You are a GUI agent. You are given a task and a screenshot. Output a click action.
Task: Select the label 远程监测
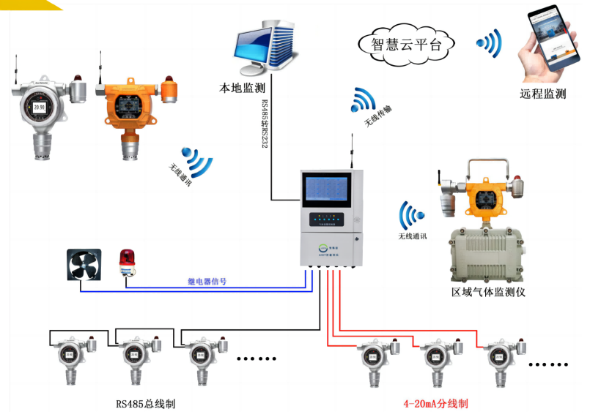tap(543, 94)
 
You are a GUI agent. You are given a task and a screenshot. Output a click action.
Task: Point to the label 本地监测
tap(242, 88)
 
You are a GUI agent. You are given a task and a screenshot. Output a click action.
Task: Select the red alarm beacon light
tap(128, 263)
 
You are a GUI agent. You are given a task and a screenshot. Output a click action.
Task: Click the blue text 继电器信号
tap(207, 281)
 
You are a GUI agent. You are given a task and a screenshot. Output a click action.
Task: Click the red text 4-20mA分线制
tap(435, 403)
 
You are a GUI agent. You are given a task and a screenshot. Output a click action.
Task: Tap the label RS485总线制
tap(146, 403)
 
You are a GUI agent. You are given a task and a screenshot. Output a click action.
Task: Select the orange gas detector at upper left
tap(130, 110)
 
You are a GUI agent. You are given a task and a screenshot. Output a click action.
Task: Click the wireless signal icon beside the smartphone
tap(490, 44)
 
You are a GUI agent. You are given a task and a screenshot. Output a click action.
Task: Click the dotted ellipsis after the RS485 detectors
tap(257, 358)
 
